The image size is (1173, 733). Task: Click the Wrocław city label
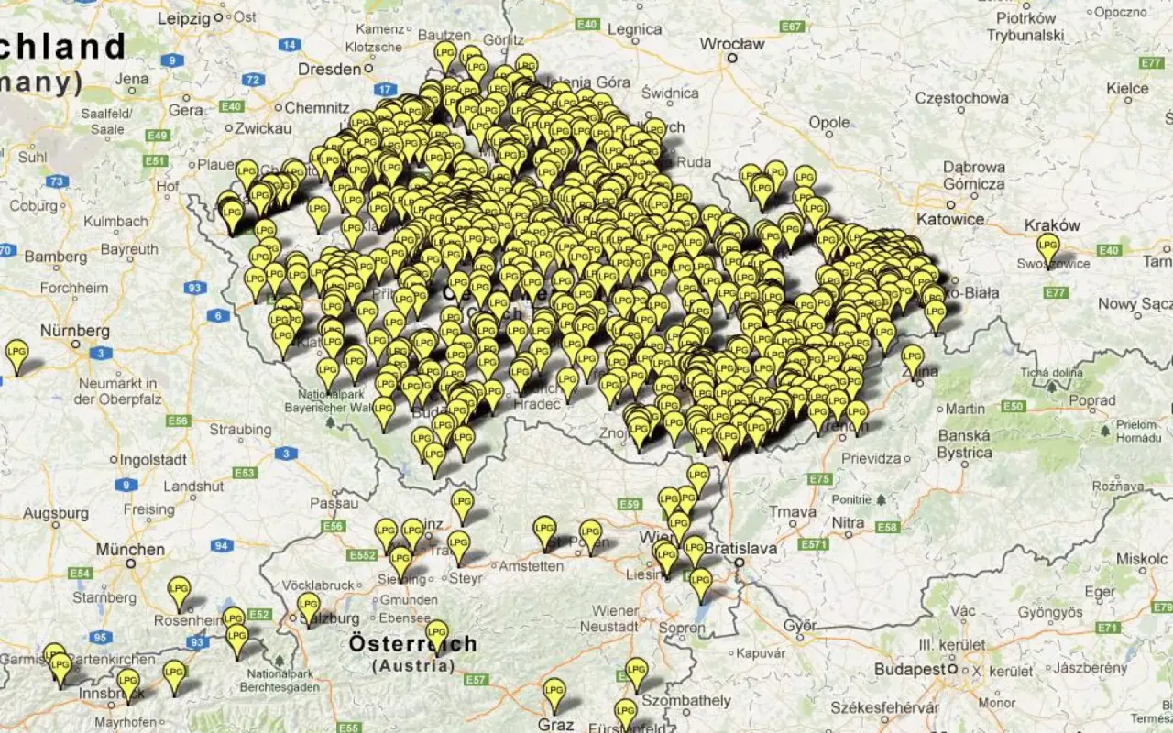point(732,43)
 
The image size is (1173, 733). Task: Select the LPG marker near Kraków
point(1047,246)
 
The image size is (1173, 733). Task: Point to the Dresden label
point(331,70)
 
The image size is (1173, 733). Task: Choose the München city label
point(131,550)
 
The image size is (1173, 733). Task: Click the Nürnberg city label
point(75,331)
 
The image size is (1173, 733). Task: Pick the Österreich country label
point(412,643)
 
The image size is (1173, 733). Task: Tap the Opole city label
point(829,122)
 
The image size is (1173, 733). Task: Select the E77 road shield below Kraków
point(1055,292)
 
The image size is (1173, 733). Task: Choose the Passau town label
point(334,503)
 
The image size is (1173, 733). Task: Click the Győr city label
point(799,626)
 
